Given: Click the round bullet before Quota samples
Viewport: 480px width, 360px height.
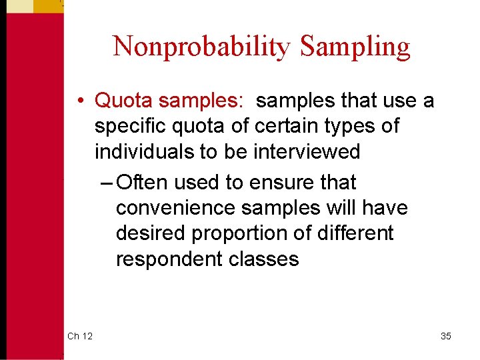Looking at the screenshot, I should coord(79,101).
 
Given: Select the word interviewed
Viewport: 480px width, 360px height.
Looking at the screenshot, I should coord(307,151).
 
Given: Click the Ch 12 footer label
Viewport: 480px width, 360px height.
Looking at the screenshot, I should coord(80,336).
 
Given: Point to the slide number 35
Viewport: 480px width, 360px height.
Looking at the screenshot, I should coord(445,336).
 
